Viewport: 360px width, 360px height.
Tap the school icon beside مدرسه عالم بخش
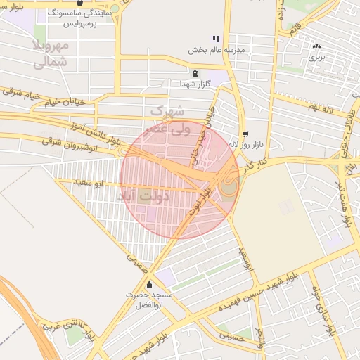[215, 39]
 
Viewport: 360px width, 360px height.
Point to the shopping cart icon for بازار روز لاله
[245, 134]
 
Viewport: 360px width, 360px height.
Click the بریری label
[318, 56]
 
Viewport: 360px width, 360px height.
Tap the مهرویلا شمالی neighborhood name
[51, 54]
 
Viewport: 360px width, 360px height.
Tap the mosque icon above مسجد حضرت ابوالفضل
[149, 285]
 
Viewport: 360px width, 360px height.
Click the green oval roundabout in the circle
[229, 186]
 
